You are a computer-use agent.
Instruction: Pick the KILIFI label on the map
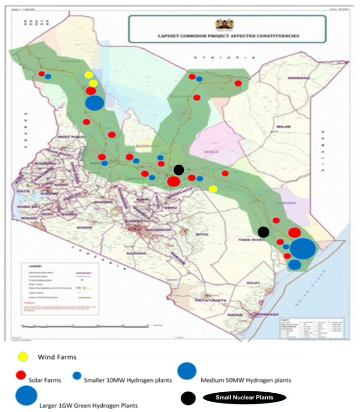pos(252,284)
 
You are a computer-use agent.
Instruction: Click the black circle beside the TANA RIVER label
pos(263,231)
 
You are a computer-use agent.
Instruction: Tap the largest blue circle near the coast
pos(302,249)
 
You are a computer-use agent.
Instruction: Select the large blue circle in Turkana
pos(94,102)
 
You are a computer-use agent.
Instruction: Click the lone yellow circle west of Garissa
pos(213,189)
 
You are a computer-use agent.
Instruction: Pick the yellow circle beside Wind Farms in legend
pos(22,357)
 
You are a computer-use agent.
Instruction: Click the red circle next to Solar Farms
pos(20,375)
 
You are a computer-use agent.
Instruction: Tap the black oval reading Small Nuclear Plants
pos(244,398)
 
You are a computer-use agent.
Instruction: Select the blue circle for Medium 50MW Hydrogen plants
pos(187,372)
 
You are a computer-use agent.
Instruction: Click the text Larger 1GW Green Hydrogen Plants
pos(89,404)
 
